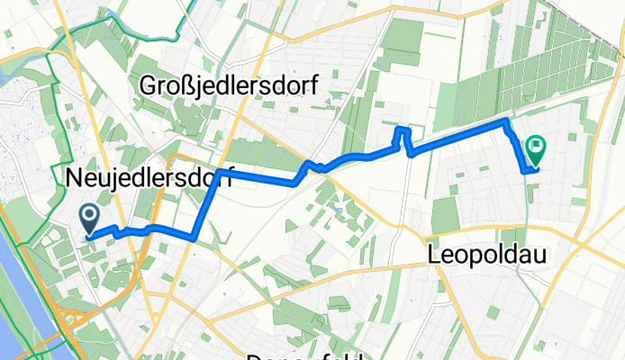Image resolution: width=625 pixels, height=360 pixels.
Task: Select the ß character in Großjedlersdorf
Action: point(191,85)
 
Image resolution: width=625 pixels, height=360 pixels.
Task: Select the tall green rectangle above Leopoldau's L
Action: point(446,215)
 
